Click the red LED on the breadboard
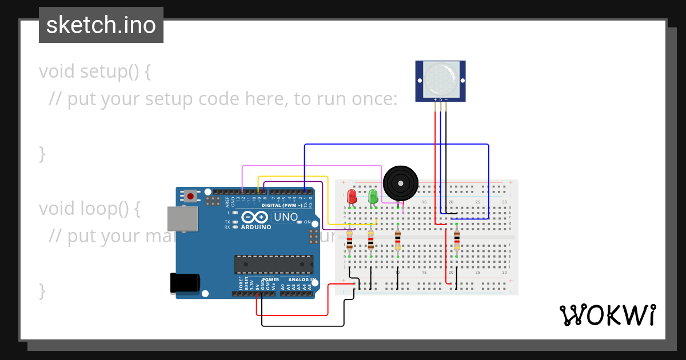coord(352,197)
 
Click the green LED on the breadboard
coord(373,197)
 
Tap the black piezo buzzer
coord(400,183)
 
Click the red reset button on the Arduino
coord(190,196)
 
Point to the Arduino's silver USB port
coord(182,219)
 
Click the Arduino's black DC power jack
coord(185,283)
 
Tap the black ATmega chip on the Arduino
coord(274,265)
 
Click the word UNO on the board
coord(286,217)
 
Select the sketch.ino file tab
coord(101,25)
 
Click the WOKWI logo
coord(607,315)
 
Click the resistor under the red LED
coord(350,240)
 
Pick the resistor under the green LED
coord(371,240)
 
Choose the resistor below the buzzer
coord(398,240)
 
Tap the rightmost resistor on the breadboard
coord(456,240)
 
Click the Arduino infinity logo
coord(254,217)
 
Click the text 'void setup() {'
coord(95,72)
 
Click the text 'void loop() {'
coord(89,209)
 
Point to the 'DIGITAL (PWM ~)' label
coord(281,205)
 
